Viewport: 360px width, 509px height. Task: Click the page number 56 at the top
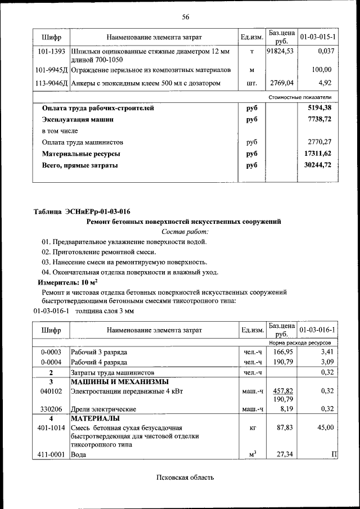click(185, 16)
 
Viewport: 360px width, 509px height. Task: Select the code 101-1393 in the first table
click(51, 51)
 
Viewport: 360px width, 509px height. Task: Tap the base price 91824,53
click(280, 51)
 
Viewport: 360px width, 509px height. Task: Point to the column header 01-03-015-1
click(318, 37)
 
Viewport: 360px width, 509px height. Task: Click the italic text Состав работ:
click(185, 231)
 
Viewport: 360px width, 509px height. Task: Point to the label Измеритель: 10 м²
click(67, 282)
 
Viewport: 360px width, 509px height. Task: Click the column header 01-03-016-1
click(318, 330)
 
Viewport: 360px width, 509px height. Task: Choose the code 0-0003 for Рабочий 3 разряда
click(51, 352)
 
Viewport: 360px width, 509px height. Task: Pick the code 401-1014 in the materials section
click(51, 427)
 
